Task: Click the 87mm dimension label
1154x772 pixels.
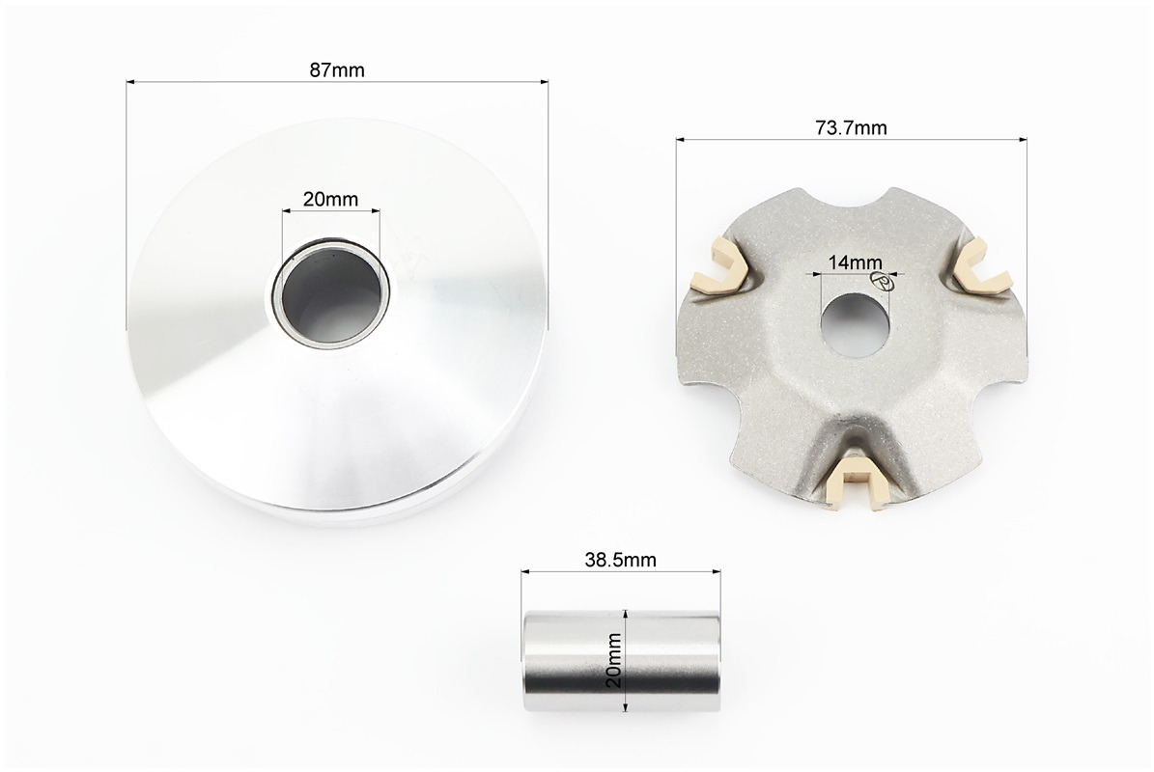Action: [337, 69]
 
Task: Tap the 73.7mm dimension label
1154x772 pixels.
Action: [852, 128]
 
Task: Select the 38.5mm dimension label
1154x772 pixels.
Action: [620, 560]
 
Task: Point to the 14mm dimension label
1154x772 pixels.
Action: [855, 262]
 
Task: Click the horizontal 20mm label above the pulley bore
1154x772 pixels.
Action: [330, 199]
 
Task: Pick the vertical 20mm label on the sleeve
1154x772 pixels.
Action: [614, 660]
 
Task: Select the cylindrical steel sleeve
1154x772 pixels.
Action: [620, 661]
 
